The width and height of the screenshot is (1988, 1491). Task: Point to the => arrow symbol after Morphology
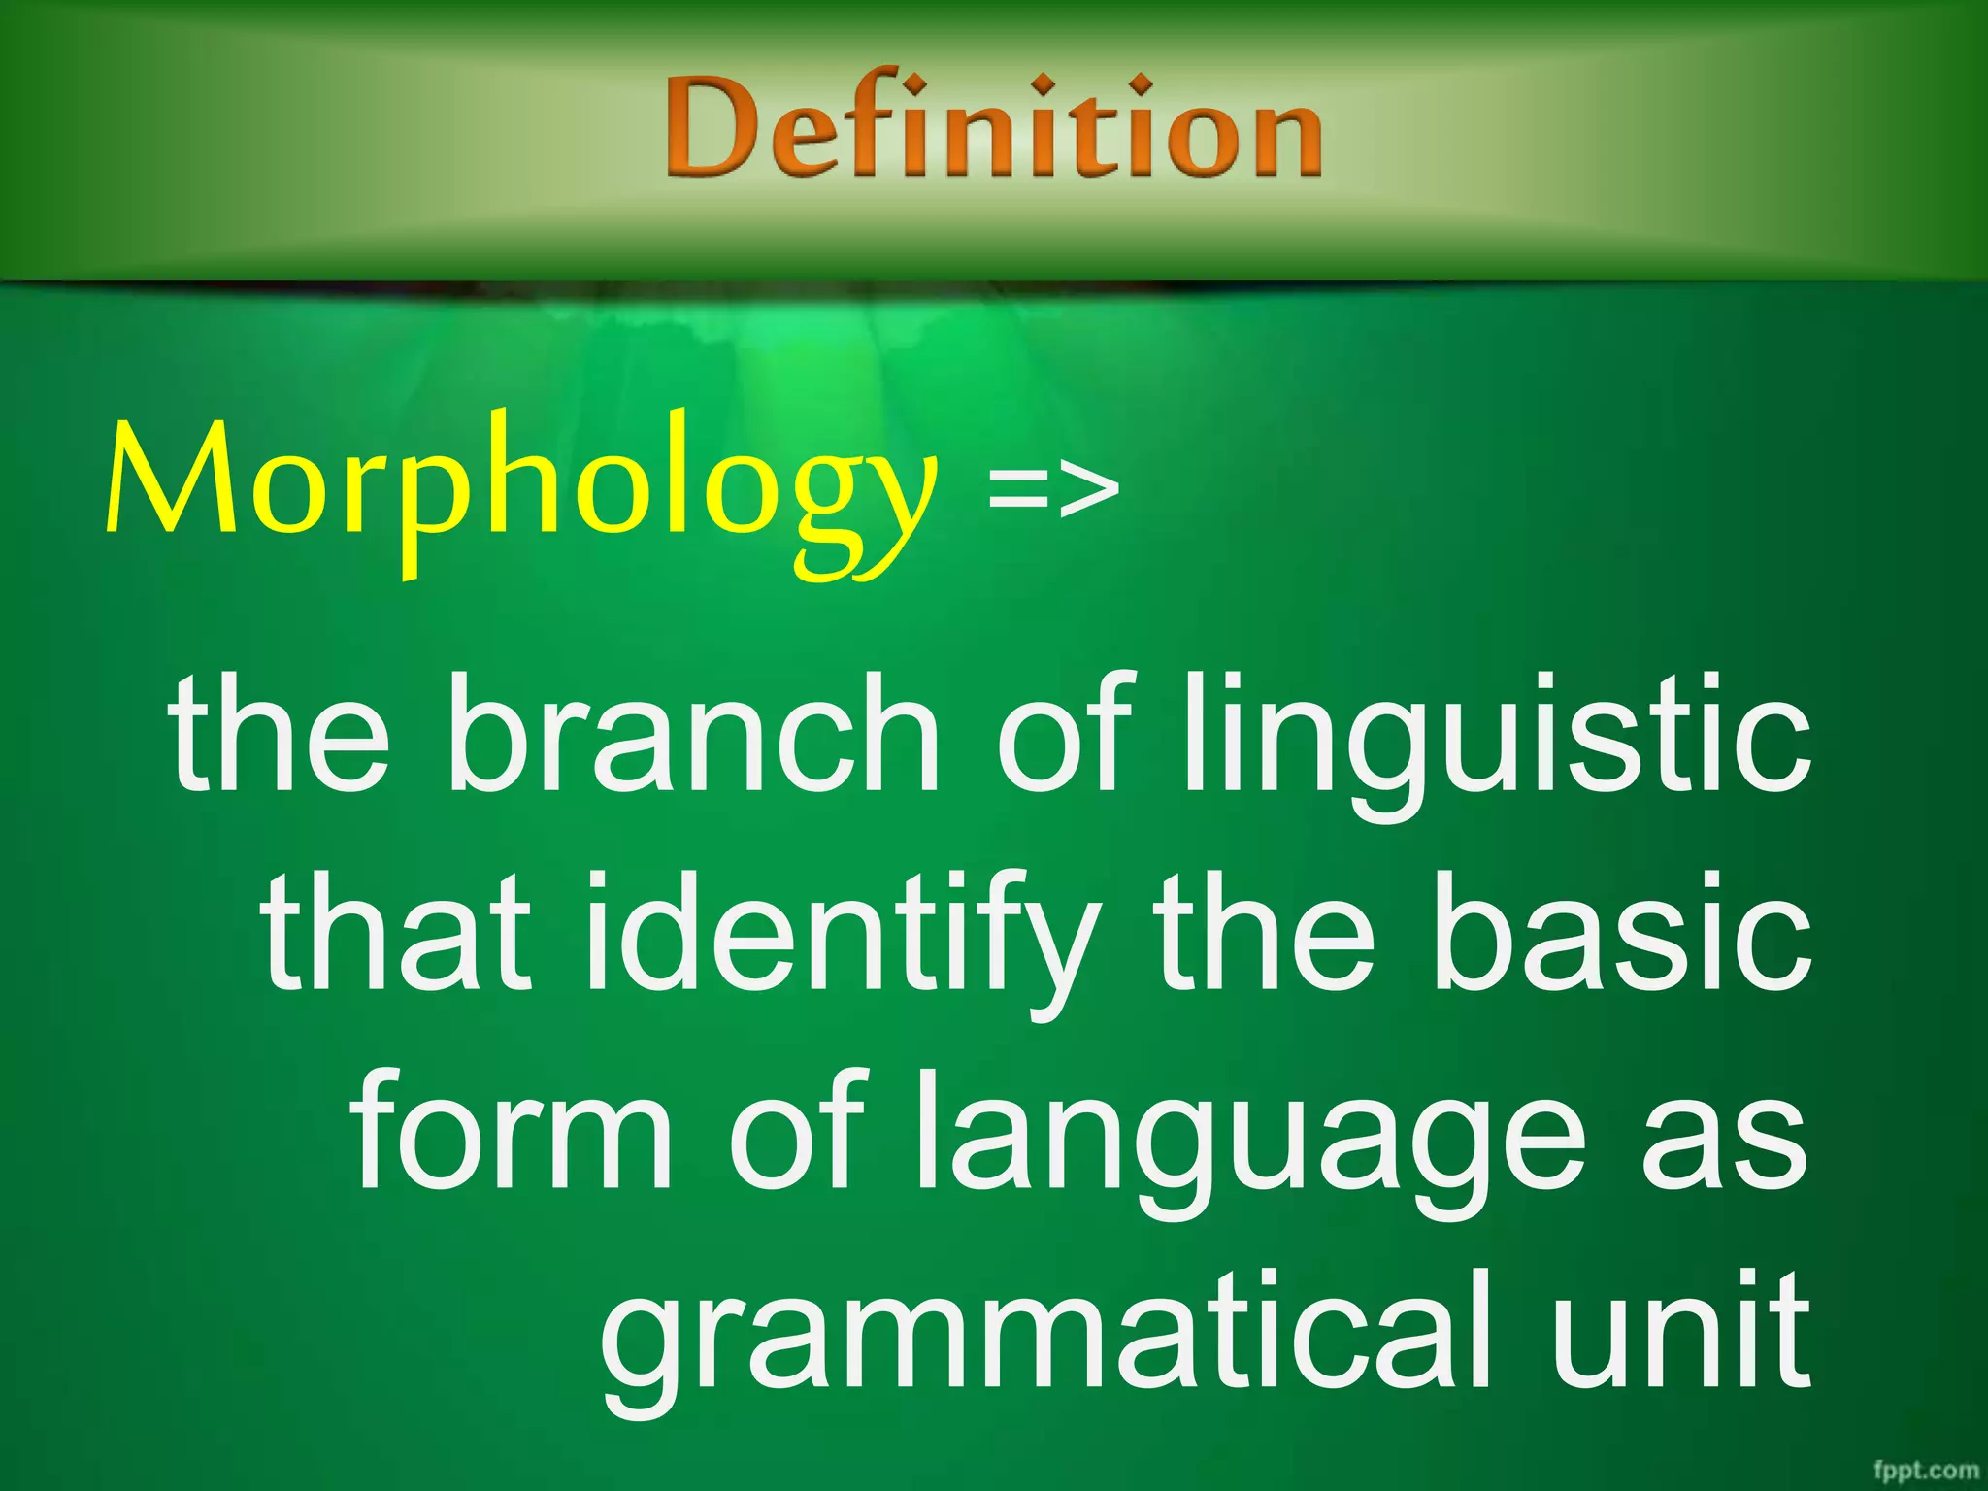(x=1053, y=490)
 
